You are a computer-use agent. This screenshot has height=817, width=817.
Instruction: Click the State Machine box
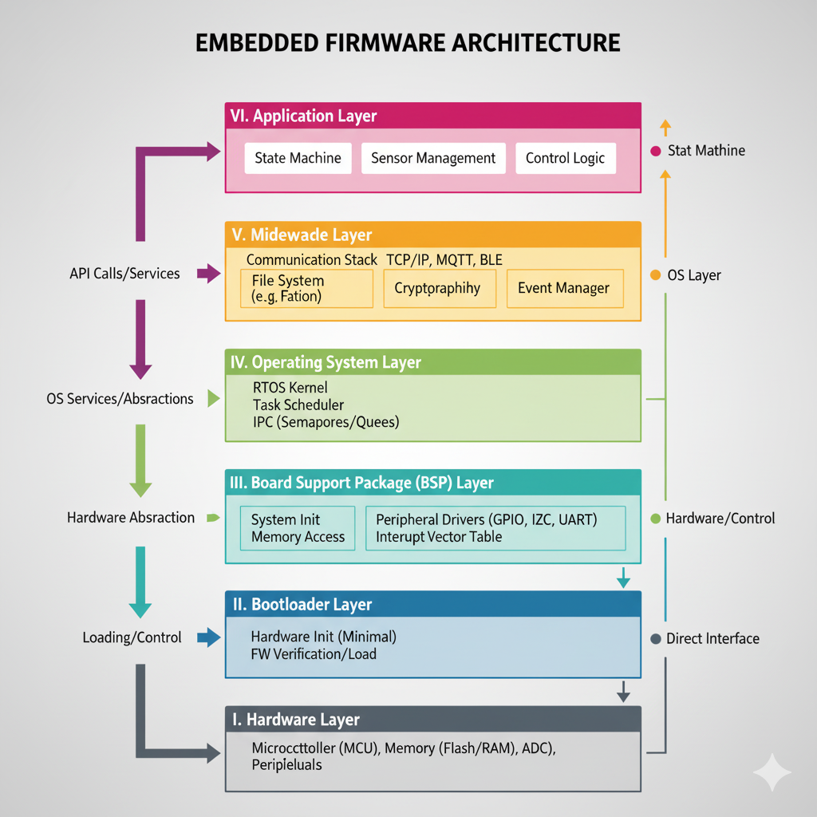coord(298,158)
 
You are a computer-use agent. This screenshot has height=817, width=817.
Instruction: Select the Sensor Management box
coord(433,158)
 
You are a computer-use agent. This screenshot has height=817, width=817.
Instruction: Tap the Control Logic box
coord(565,158)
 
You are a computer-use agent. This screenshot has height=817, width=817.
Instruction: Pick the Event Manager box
coord(563,288)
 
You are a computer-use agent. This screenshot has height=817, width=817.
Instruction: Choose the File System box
coord(306,288)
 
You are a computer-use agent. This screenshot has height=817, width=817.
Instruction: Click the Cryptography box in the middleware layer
coord(438,288)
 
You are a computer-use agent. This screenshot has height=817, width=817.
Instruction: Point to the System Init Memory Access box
coord(298,528)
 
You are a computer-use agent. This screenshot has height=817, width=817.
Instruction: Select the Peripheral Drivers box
coord(495,528)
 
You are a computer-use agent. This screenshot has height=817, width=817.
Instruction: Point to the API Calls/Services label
coord(124,274)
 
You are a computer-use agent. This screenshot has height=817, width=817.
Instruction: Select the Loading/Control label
coord(132,637)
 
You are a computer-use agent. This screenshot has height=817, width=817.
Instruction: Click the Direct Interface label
coord(712,638)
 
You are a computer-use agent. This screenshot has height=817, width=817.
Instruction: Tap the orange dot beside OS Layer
coord(656,275)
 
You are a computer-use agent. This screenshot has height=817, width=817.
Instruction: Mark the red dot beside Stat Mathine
coord(656,151)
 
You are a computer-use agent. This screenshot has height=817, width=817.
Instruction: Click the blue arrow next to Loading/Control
coord(207,637)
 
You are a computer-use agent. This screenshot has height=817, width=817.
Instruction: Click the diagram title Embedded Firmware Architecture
coord(408,42)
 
